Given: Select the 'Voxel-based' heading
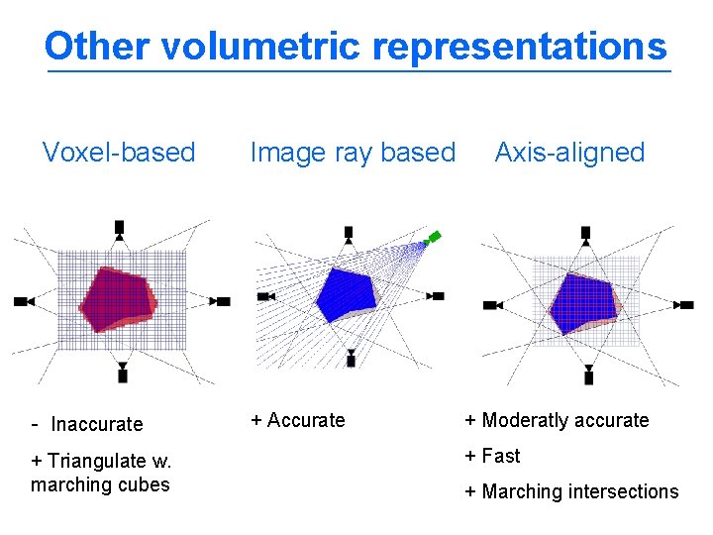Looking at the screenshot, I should coord(119,153).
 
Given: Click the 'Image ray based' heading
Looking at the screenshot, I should coord(353,153).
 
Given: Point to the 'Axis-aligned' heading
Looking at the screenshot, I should coord(569,153).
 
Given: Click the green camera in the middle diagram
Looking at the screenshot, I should coord(432,238).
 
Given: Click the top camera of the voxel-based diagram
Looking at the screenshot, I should coord(120,229).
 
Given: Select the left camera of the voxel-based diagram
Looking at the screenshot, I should coord(24,301).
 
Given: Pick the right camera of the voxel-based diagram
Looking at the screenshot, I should coord(221,301).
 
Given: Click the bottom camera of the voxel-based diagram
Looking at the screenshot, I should coord(122,373).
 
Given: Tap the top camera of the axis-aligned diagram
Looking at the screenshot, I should coord(585,234).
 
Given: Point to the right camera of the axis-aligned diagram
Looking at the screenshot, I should coord(684,305).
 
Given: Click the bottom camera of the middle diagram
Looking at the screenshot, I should coord(351,358).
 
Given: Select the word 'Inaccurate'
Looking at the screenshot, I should coord(97,424).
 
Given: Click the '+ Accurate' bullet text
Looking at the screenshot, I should coord(298,420).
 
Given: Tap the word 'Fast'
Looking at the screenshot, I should coord(500,456).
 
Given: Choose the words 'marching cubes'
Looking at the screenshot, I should coord(100,484).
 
